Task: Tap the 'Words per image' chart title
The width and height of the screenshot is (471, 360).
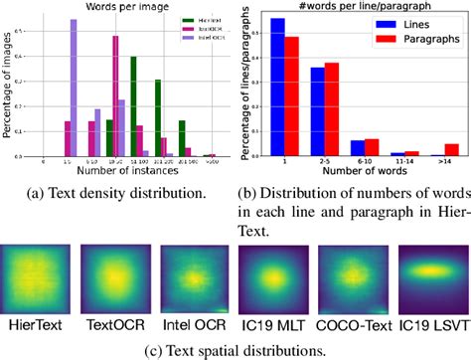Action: click(x=114, y=7)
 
